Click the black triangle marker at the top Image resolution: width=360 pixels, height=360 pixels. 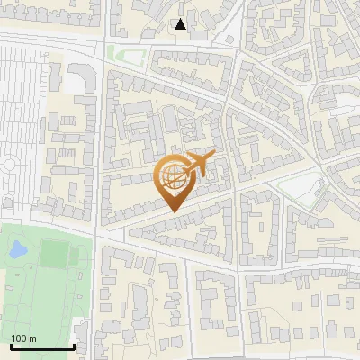[180, 24]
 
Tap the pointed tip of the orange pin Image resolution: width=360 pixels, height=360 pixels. [174, 211]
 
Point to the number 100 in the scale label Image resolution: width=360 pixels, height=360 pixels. [18, 338]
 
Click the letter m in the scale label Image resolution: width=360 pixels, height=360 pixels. [32, 338]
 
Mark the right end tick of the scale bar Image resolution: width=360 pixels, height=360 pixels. [73, 346]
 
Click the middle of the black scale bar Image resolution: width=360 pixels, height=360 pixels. [40, 347]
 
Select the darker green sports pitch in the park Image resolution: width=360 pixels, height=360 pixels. [53, 255]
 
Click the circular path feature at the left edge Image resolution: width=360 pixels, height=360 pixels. [9, 166]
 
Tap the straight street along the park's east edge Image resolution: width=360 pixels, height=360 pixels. [94, 288]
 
